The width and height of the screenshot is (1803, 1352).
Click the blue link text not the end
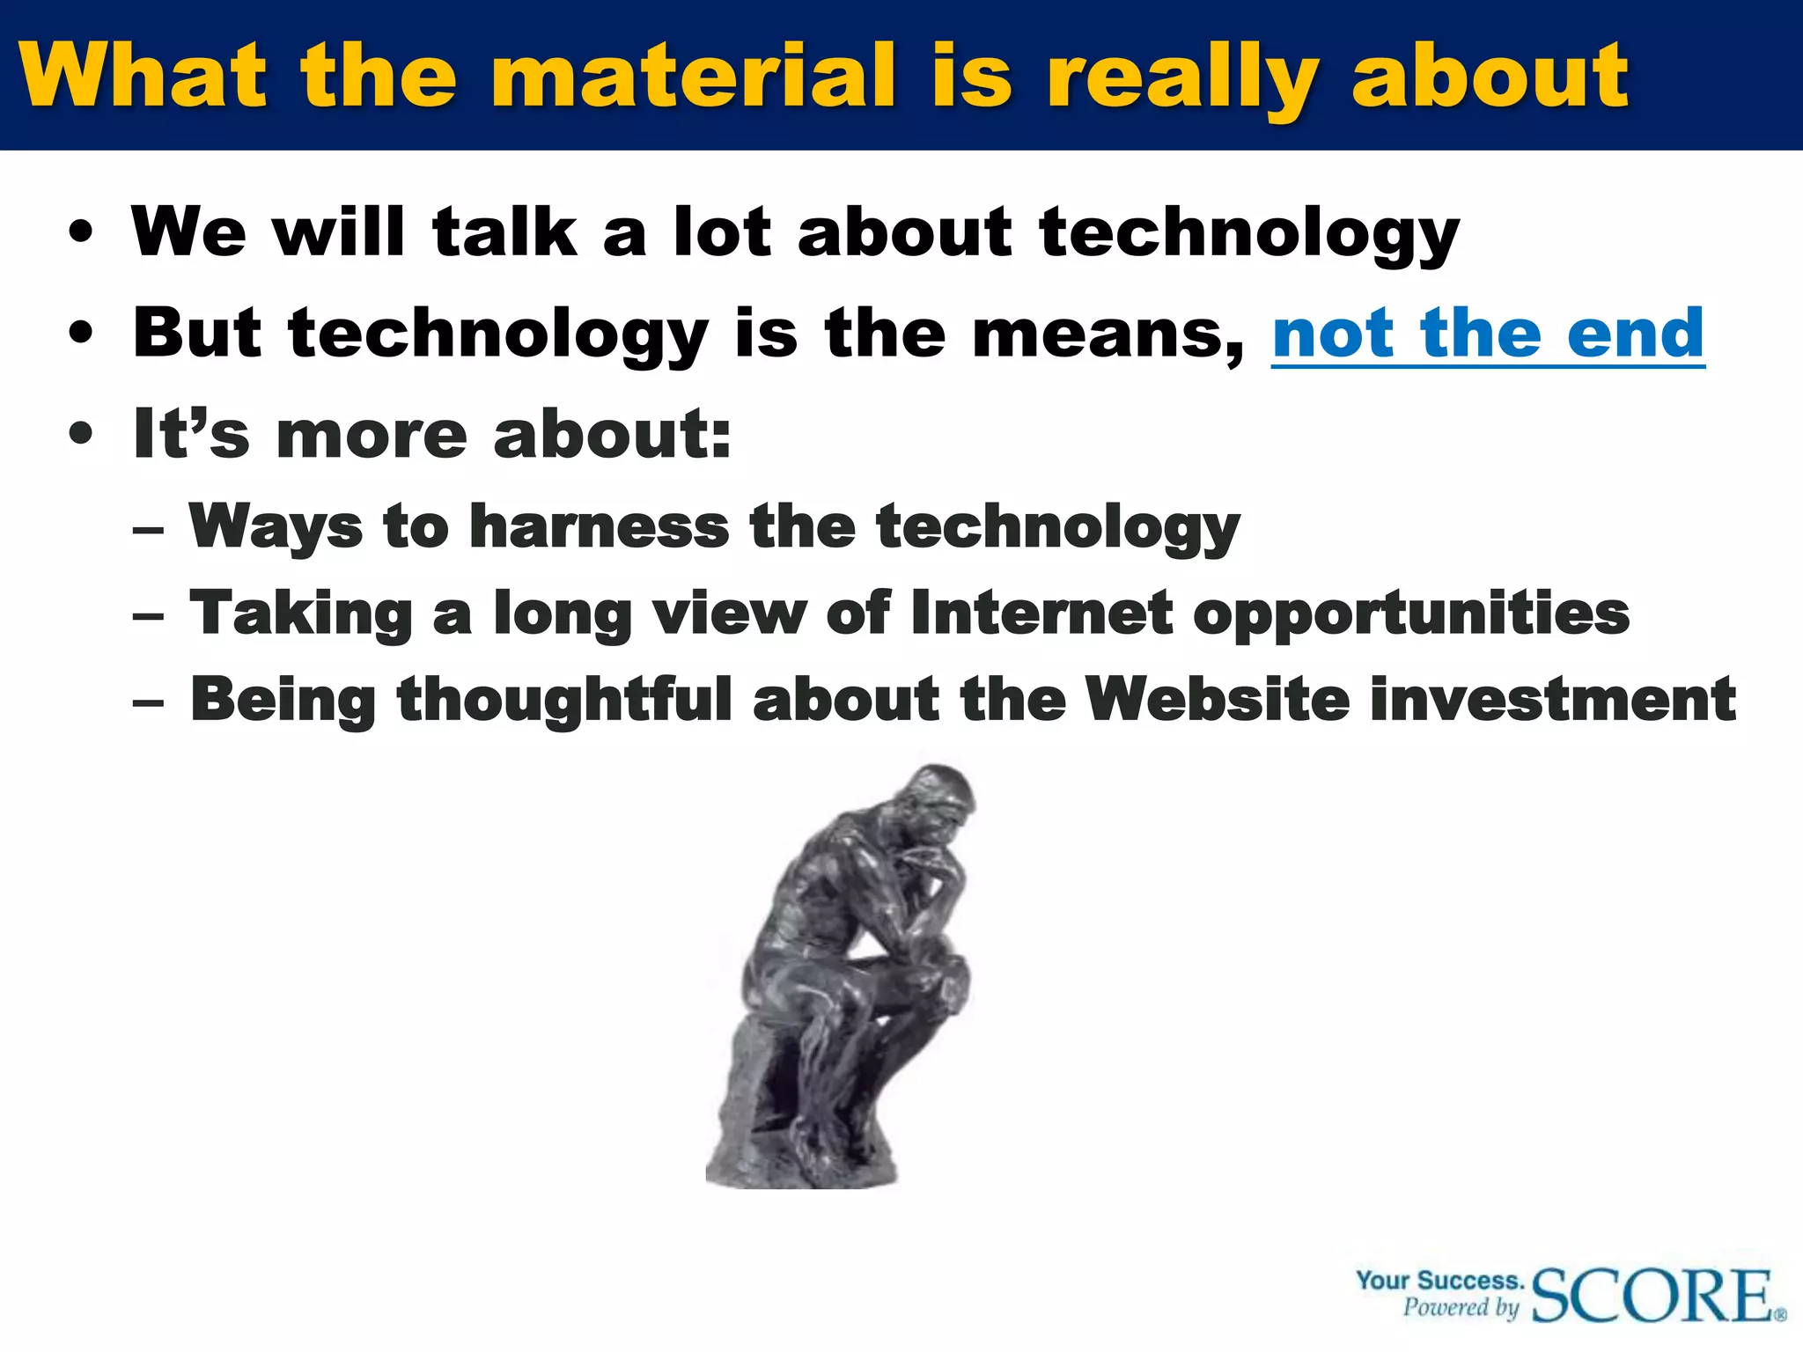1488,334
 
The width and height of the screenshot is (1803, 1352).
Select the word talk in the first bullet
504,231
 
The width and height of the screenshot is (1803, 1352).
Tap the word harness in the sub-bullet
600,526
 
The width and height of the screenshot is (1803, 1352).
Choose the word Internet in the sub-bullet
1041,613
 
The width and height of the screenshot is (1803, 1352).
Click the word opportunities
1411,614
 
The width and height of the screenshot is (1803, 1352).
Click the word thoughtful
564,701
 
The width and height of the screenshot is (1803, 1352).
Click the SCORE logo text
1653,1295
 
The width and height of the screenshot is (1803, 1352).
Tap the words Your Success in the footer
1439,1280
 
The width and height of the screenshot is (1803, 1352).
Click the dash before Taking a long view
148,616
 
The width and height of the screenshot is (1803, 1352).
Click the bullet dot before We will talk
81,233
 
